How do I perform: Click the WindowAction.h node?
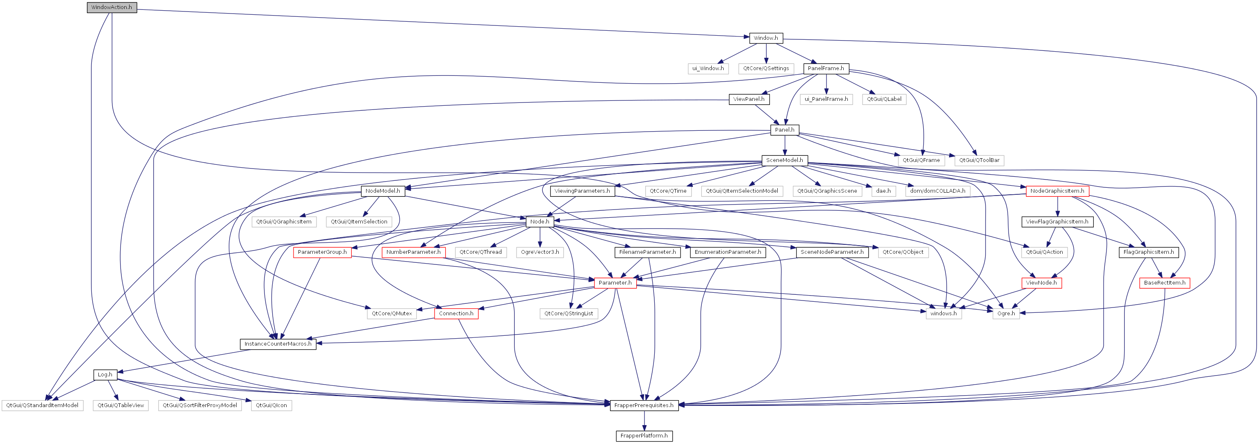[x=112, y=7]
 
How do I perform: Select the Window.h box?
[x=765, y=38]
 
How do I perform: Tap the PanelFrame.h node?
[x=826, y=68]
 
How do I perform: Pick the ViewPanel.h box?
[x=749, y=99]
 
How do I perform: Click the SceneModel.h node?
[x=784, y=160]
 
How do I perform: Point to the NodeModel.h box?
[x=382, y=191]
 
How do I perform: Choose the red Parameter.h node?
[x=615, y=282]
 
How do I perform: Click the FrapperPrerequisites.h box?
[x=644, y=405]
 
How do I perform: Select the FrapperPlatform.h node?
[x=644, y=436]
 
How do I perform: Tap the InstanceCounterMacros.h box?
[x=278, y=344]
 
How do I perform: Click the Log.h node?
[x=105, y=375]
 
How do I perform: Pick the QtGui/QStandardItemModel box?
[x=42, y=405]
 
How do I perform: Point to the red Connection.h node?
[x=455, y=314]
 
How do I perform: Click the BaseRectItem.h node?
[x=1164, y=282]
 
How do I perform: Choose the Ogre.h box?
[x=1006, y=314]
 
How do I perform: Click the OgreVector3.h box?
[x=540, y=252]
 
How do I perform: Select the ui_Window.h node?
[x=708, y=68]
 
